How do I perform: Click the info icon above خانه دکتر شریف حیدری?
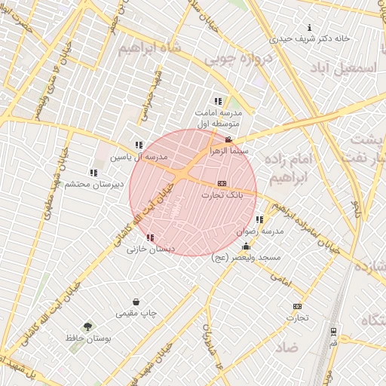click(308, 27)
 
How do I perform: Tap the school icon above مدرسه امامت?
click(218, 101)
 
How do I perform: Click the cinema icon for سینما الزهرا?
click(228, 139)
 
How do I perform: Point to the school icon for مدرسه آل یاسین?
click(138, 145)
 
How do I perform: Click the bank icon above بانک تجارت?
click(222, 183)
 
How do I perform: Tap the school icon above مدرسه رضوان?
click(260, 219)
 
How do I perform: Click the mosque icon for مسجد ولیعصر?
click(246, 247)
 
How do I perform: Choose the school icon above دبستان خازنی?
click(151, 237)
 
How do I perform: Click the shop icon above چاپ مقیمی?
click(136, 302)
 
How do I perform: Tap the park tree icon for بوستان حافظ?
click(88, 326)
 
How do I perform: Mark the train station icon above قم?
click(333, 331)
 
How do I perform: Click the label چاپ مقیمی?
click(136, 313)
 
